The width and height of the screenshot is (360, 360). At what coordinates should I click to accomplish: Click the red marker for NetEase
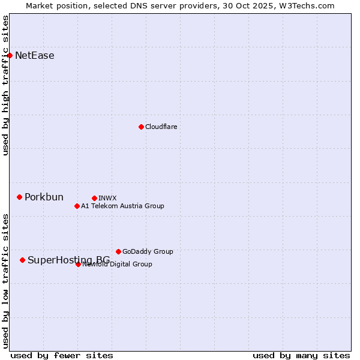click(x=10, y=55)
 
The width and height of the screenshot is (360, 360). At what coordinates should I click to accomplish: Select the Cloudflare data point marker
click(x=141, y=127)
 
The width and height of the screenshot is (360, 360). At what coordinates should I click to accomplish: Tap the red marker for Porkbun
click(x=19, y=197)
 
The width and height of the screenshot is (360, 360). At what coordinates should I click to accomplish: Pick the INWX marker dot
click(x=94, y=198)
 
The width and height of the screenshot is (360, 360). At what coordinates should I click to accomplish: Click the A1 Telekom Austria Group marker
click(x=77, y=206)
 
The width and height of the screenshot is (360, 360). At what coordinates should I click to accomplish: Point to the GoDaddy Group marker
click(x=118, y=251)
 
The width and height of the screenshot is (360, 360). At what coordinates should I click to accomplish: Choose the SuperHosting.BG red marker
click(x=22, y=260)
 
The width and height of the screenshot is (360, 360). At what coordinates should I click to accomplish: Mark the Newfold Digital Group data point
click(x=78, y=264)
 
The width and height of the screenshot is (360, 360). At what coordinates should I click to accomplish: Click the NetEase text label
click(x=35, y=56)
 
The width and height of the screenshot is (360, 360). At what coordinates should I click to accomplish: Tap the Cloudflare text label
click(x=161, y=127)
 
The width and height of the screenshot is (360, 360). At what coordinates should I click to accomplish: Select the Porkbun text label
click(x=44, y=197)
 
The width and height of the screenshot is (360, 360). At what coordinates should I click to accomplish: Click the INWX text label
click(x=107, y=198)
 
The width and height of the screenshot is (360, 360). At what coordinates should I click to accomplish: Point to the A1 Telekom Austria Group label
click(x=122, y=206)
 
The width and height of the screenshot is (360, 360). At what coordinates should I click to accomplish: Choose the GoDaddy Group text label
click(x=148, y=251)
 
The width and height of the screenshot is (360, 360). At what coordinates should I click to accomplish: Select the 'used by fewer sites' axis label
click(x=62, y=355)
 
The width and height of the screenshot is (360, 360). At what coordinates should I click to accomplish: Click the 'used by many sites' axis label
click(x=301, y=355)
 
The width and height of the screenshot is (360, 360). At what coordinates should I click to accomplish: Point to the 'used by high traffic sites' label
click(x=5, y=85)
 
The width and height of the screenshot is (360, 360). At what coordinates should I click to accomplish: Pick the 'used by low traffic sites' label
click(x=5, y=280)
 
